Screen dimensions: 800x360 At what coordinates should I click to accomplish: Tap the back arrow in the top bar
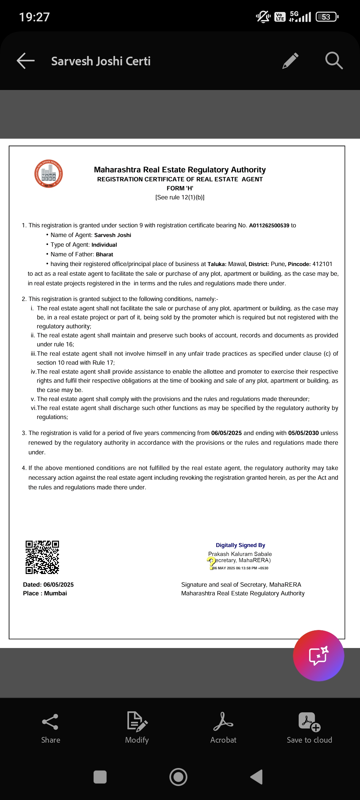[x=26, y=61]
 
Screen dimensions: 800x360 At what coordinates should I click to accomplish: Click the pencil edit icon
[x=290, y=61]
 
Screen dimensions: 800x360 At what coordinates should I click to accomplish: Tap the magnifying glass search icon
[x=334, y=61]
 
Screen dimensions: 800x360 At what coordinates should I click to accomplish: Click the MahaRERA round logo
[x=49, y=174]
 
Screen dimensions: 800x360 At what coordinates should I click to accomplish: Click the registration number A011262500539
[x=269, y=226]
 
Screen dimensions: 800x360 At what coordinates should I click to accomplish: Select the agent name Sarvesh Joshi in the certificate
[x=113, y=235]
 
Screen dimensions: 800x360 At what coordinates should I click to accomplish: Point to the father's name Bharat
[x=105, y=255]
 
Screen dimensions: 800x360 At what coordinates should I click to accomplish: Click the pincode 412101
[x=322, y=264]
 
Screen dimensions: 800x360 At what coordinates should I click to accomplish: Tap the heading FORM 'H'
[x=180, y=188]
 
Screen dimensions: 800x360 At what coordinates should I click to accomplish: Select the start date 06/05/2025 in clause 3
[x=226, y=433]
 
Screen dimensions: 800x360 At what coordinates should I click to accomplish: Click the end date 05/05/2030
[x=303, y=433]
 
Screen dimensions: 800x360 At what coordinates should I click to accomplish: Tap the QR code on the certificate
[x=42, y=557]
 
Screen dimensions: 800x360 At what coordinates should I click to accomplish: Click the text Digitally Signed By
[x=240, y=545]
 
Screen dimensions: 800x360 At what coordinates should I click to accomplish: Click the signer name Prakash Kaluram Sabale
[x=240, y=554]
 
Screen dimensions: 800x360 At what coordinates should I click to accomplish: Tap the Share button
[x=51, y=728]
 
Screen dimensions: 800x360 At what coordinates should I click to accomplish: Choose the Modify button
[x=137, y=728]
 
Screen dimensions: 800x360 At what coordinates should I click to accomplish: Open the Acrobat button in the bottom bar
[x=223, y=728]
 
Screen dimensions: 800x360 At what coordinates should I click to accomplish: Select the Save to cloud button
[x=309, y=728]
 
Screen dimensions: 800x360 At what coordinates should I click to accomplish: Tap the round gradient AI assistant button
[x=318, y=655]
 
